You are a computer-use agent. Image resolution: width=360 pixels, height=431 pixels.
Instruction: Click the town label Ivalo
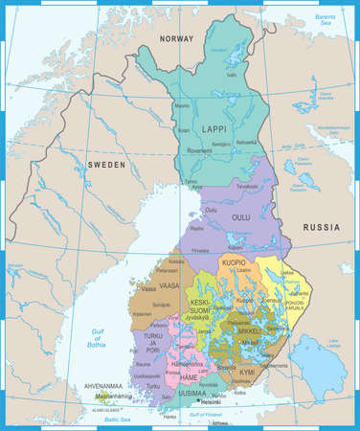(232, 75)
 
